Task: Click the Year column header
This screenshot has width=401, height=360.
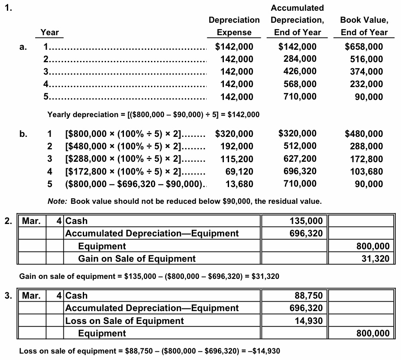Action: (50, 32)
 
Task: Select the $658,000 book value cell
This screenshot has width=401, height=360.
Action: (364, 47)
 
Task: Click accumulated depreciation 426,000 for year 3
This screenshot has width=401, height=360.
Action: (300, 71)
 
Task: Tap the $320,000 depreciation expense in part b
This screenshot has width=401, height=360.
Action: (234, 134)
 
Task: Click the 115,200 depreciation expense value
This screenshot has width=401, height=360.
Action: (237, 159)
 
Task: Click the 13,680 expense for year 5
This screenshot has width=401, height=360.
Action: (239, 184)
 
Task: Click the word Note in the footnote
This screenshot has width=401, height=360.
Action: (57, 201)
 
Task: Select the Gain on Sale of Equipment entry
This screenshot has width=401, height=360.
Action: (136, 259)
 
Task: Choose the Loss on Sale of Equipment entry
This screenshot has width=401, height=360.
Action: (124, 321)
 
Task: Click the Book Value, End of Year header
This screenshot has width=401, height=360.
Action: (364, 26)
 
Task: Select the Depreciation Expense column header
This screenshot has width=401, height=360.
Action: (234, 26)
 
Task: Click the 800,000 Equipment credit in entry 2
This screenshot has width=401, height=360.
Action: (373, 246)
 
